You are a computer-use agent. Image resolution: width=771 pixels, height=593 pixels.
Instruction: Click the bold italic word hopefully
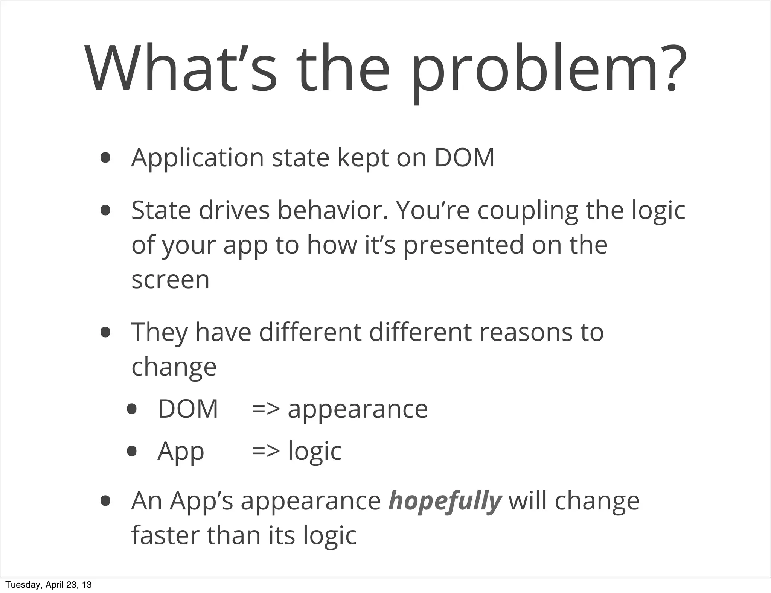coord(445,501)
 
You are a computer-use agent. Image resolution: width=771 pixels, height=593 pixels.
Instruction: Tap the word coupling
coord(527,211)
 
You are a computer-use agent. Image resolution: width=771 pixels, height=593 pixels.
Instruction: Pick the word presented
coord(464,245)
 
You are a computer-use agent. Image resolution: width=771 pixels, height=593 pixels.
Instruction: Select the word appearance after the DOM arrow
coord(358,409)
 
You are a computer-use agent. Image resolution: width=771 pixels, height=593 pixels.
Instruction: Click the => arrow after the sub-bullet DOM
coord(266,409)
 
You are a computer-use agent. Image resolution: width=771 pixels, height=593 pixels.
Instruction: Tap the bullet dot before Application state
coord(105,158)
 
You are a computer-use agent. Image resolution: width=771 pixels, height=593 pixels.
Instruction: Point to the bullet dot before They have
coord(105,332)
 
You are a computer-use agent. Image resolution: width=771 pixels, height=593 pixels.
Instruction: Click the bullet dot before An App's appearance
coord(105,501)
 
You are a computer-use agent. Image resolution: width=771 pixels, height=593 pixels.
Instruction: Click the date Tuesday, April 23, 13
coord(49,585)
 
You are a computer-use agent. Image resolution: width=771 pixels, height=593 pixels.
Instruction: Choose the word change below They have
coord(174,367)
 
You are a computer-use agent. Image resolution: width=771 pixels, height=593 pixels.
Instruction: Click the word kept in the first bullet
coord(363,158)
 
